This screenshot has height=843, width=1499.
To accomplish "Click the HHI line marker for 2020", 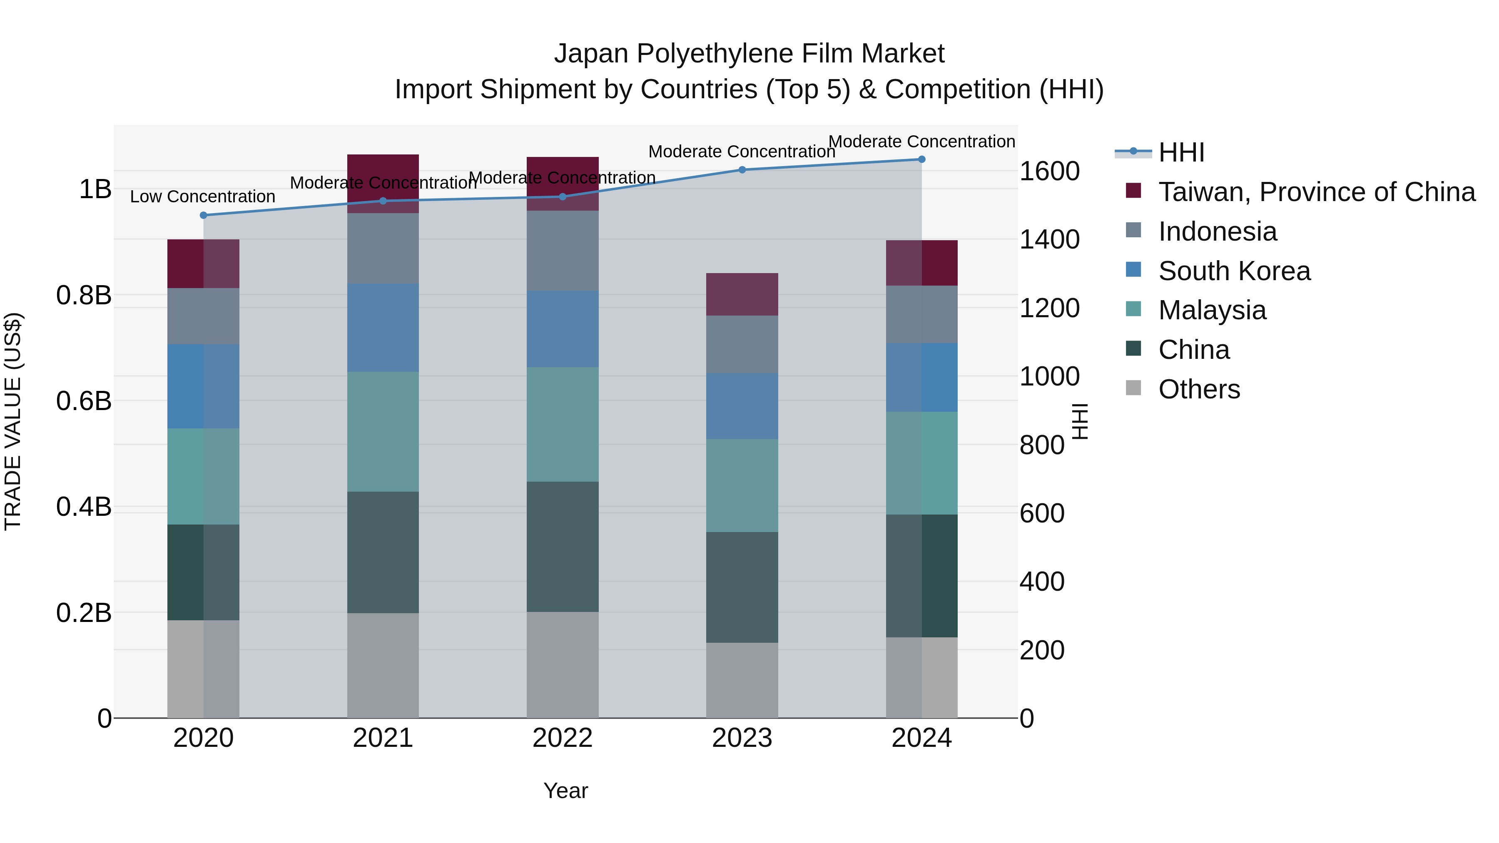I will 203,215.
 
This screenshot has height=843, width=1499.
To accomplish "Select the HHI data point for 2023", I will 742,170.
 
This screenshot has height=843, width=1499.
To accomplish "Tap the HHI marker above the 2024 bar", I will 921,159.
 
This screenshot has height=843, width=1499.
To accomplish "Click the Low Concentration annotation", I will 202,196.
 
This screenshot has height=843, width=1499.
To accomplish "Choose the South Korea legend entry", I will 1234,271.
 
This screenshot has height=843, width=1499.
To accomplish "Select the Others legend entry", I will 1199,389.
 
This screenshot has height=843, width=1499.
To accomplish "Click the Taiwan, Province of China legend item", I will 1316,192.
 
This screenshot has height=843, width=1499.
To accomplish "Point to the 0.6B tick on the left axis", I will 84,401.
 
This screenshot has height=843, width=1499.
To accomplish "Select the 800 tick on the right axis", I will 1042,445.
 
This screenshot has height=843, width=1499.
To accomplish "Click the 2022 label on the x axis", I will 562,738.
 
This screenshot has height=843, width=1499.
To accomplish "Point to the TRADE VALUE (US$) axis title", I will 13,421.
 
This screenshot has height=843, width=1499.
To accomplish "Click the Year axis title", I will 565,791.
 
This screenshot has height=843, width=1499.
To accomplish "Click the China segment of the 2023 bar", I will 742,587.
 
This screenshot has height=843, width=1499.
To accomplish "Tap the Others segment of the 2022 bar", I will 562,664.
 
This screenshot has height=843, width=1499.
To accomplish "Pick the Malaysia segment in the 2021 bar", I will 383,432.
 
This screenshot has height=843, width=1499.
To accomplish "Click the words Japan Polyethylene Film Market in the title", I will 749,54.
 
